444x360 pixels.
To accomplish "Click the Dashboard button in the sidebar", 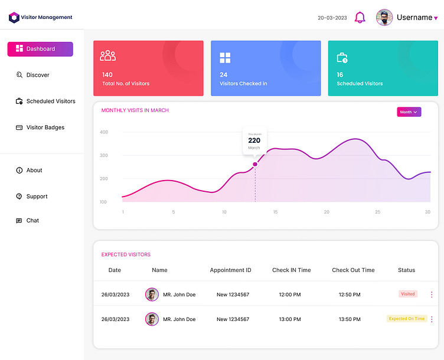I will (40, 49).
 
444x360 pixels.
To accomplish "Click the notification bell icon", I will (360, 18).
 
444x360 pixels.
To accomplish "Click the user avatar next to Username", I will (384, 18).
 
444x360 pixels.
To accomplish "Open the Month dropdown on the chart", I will (409, 112).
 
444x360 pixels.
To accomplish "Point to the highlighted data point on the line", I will (255, 164).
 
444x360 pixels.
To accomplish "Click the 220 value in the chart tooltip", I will (254, 140).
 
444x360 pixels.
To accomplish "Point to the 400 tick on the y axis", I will (104, 132).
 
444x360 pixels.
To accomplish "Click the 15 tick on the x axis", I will (275, 212).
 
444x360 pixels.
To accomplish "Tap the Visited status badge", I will (408, 294).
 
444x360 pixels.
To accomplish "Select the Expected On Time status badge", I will (407, 319).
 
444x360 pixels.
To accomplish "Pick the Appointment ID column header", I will (230, 270).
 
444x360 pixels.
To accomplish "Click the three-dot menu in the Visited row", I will (432, 294).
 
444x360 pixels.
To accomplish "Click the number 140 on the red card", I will (107, 75).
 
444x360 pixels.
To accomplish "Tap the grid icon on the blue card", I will (225, 58).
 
